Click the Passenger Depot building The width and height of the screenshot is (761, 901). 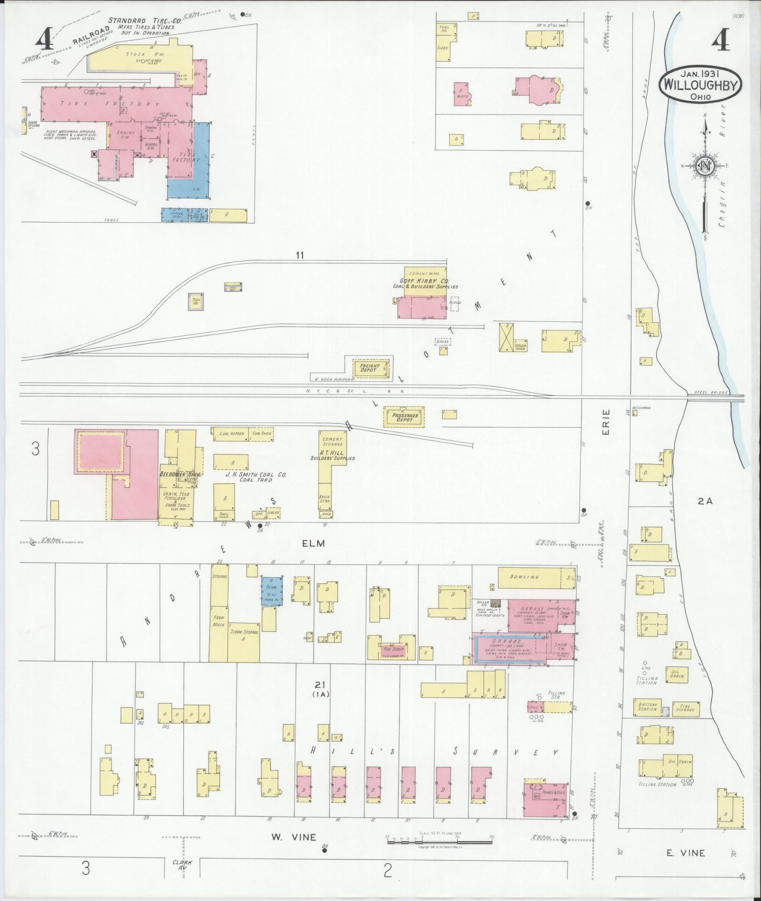(404, 417)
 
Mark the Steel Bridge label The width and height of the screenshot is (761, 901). (711, 392)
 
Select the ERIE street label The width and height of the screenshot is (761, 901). (606, 423)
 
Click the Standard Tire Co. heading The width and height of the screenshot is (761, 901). (142, 21)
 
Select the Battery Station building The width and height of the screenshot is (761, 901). (648, 720)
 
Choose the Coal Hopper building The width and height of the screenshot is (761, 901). (232, 433)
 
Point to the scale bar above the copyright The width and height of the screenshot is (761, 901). (439, 842)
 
